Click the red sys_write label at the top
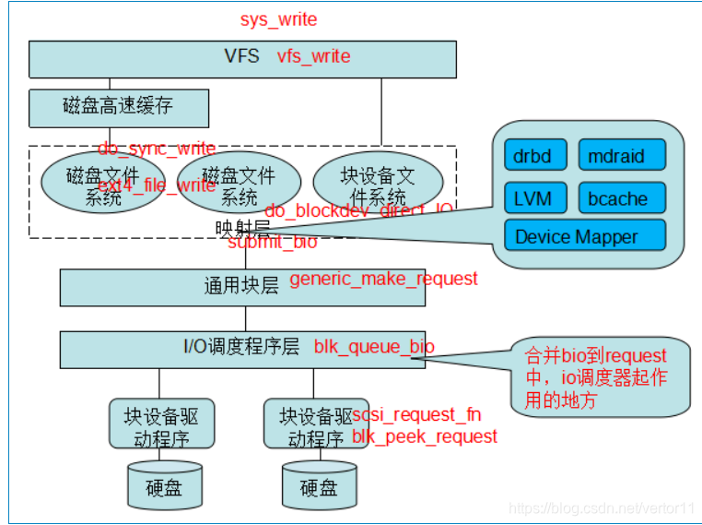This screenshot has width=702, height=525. click(278, 19)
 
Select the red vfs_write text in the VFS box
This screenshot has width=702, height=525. click(313, 56)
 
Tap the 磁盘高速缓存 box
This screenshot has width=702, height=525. click(118, 107)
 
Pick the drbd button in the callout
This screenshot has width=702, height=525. click(533, 156)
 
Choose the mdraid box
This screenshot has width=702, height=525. click(621, 156)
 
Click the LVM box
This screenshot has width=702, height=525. click(533, 197)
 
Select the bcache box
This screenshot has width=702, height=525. click(621, 197)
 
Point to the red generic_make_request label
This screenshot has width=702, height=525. click(383, 279)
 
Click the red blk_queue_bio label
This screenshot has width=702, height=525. click(374, 347)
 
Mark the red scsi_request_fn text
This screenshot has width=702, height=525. click(416, 414)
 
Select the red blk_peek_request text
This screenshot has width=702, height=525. click(425, 436)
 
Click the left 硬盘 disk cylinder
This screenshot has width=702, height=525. click(163, 486)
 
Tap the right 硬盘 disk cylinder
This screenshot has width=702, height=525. click(318, 486)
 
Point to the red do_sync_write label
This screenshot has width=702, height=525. click(157, 149)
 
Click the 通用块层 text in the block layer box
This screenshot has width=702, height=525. click(240, 285)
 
